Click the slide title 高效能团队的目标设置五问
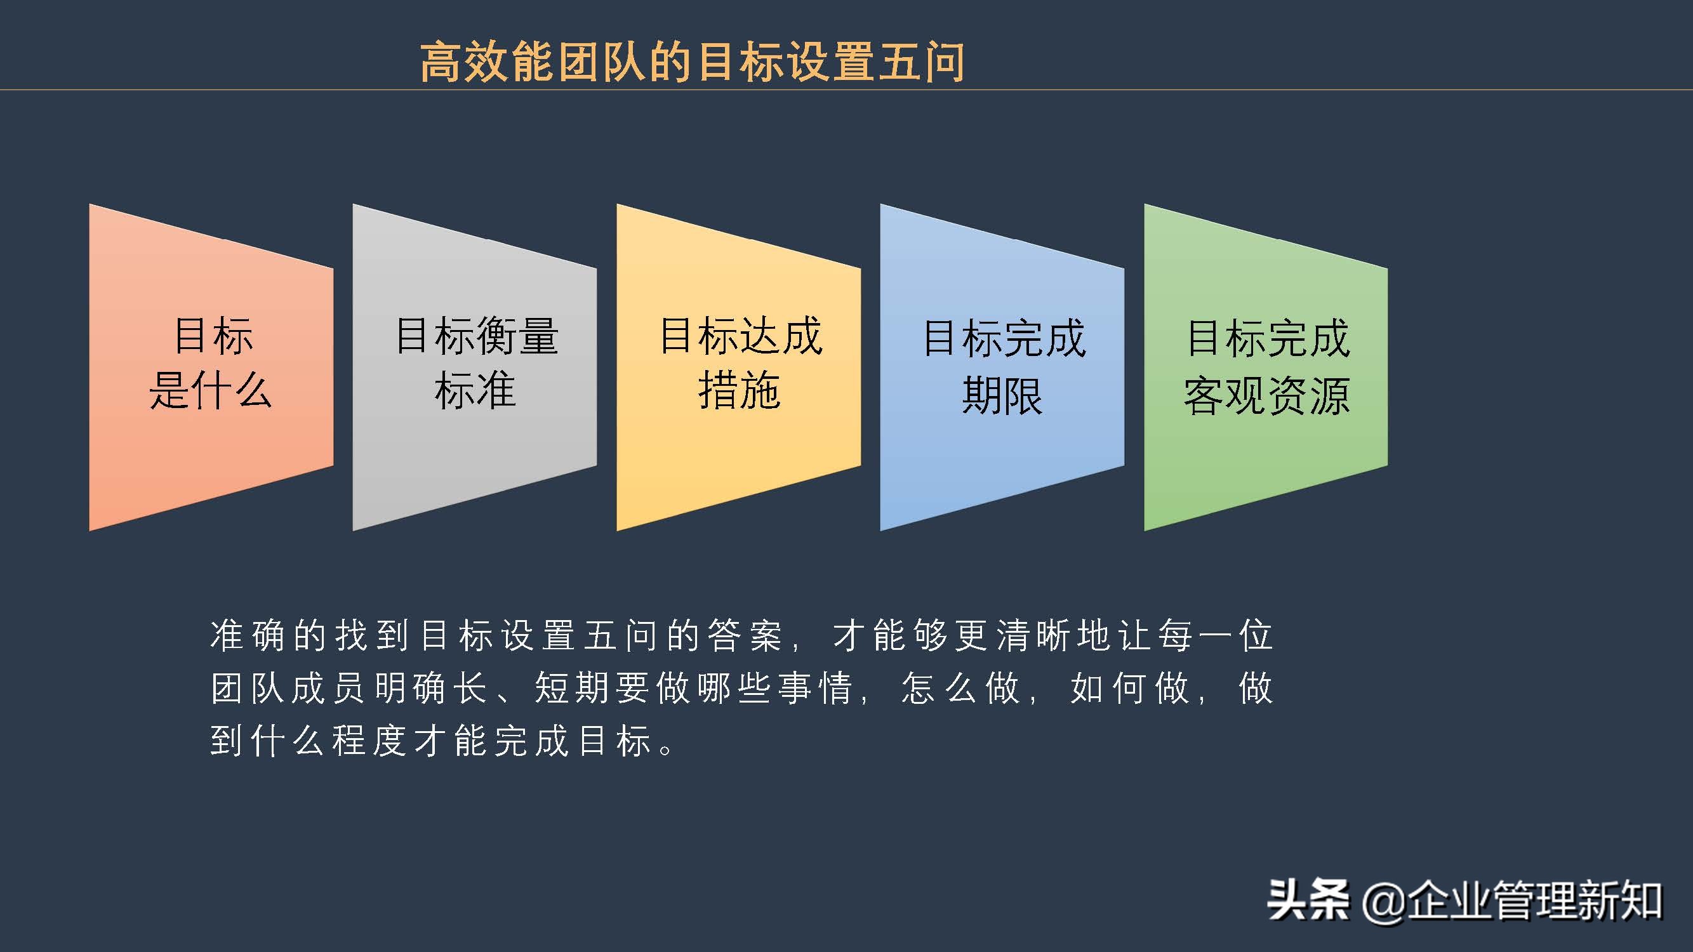692,62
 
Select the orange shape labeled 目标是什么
211,447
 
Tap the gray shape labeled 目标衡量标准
475,447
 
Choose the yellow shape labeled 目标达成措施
739,447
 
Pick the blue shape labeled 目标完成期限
1002,453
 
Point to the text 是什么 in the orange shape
210,390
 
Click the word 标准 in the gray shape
475,390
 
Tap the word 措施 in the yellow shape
740,390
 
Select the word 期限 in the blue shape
1002,395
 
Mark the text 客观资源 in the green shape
1266,395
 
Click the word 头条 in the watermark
1308,900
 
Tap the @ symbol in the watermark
1384,901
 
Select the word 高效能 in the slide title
487,62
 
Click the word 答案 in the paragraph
745,635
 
